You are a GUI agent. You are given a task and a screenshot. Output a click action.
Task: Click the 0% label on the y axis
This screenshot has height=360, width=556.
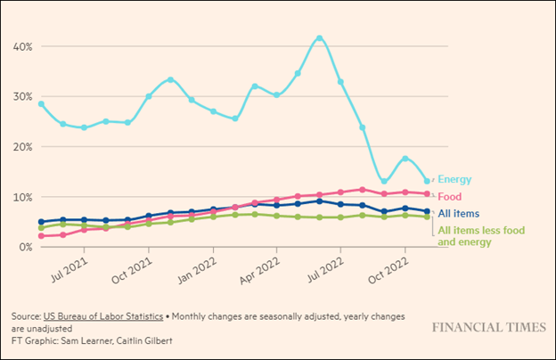(x=25, y=247)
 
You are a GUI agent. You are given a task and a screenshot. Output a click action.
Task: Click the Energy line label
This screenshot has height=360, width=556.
(x=454, y=179)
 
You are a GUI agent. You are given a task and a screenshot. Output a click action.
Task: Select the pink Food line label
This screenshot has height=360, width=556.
(x=450, y=195)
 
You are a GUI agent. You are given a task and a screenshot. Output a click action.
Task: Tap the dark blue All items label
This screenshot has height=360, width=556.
(x=458, y=213)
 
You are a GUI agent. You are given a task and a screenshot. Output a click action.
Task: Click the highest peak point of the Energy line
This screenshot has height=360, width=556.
(x=320, y=38)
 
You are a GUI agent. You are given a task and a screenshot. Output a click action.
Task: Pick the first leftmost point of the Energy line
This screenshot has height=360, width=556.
(x=41, y=104)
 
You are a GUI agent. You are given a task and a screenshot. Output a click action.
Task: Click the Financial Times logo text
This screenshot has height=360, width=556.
(x=488, y=327)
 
